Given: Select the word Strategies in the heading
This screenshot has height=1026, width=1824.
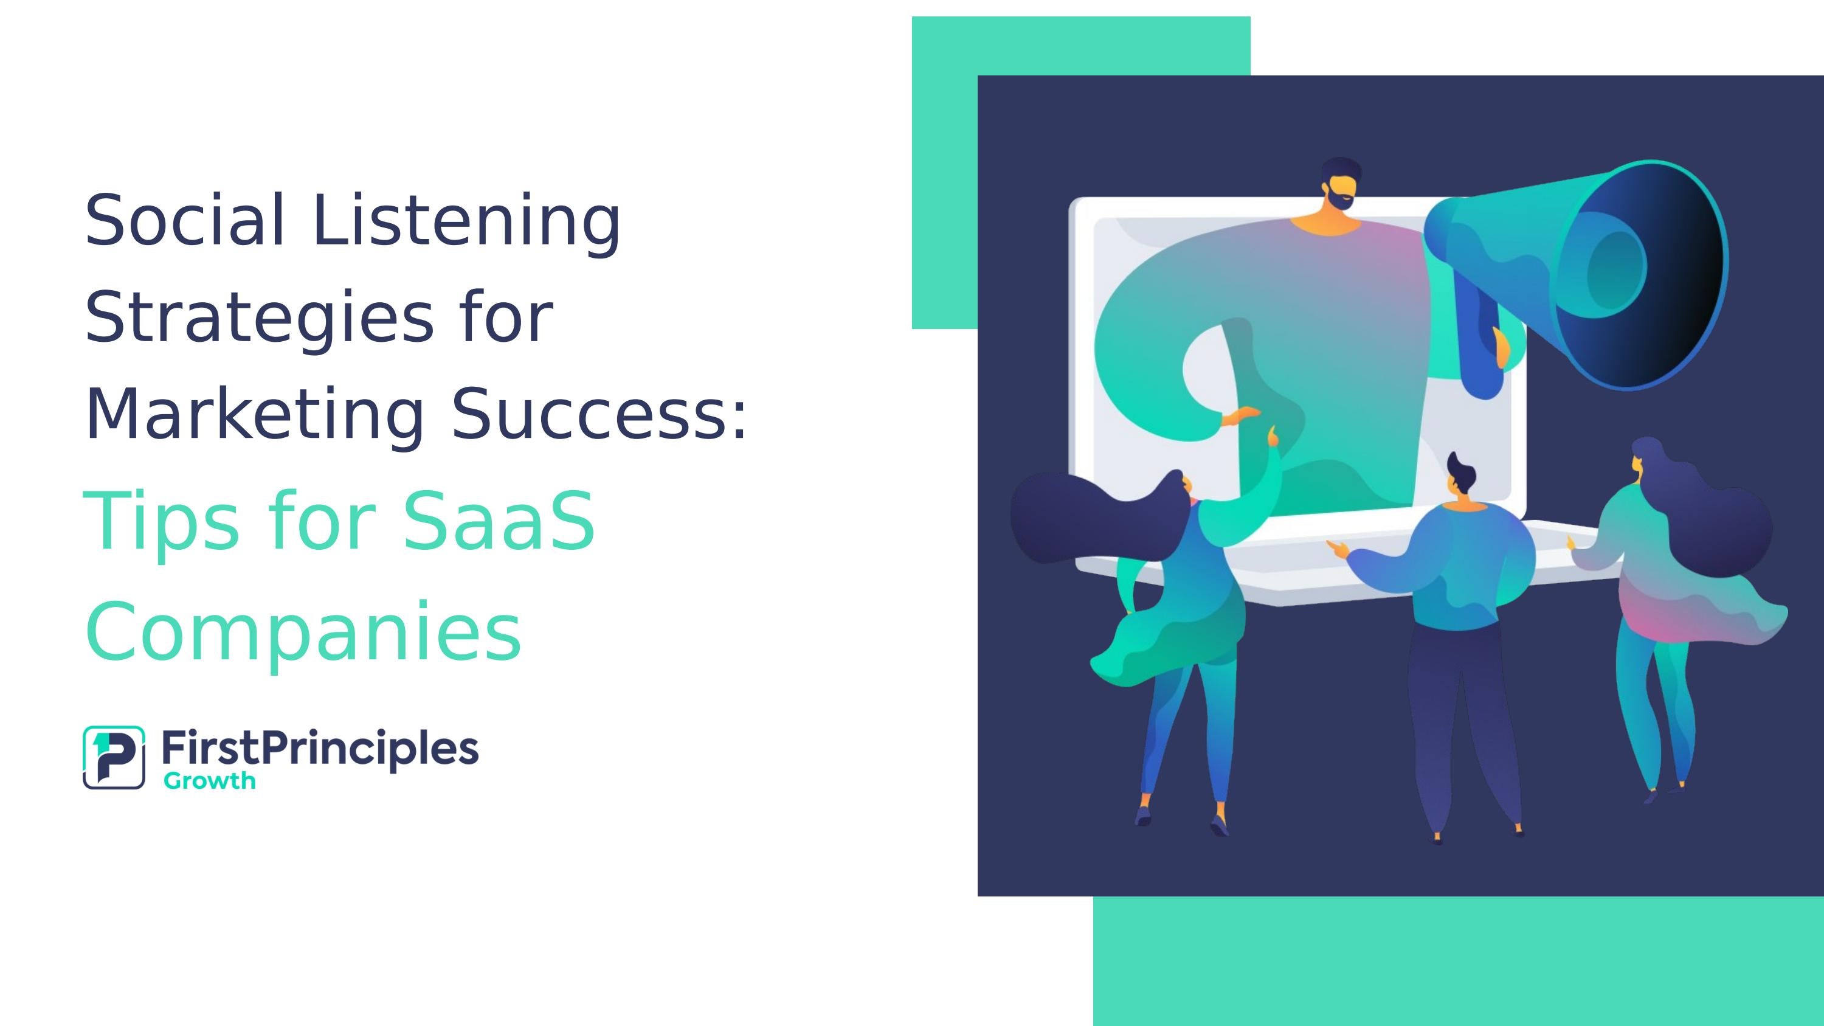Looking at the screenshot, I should point(258,319).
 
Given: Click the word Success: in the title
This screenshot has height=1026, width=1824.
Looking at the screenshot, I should point(599,414).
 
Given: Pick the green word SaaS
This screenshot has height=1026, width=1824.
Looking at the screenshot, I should point(499,521).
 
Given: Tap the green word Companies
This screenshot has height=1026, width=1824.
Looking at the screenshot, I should point(303,630).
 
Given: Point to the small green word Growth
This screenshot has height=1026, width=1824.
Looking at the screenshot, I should point(209,781).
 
